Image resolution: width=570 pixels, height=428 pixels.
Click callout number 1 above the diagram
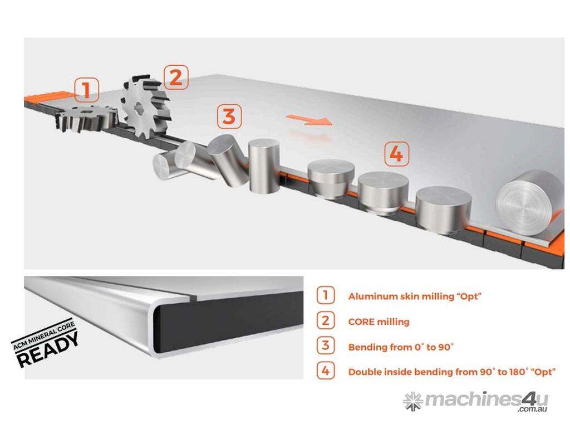(86, 90)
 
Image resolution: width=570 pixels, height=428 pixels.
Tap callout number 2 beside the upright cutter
(176, 77)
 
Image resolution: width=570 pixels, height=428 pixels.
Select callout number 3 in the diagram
(229, 116)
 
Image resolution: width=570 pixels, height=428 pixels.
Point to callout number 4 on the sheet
(396, 154)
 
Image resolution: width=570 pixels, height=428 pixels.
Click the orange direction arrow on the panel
(309, 120)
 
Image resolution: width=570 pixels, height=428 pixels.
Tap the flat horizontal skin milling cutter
(86, 117)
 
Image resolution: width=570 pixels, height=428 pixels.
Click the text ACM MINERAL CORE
(43, 335)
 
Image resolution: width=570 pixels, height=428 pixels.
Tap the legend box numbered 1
(325, 295)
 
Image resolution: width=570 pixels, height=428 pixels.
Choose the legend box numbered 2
(325, 320)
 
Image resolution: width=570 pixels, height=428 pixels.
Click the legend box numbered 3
(325, 346)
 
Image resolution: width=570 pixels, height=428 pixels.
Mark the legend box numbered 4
(325, 371)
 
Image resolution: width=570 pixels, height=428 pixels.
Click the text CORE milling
(379, 322)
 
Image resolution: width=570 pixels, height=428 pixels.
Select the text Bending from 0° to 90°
(401, 347)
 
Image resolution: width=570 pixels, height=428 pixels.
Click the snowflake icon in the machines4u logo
(413, 401)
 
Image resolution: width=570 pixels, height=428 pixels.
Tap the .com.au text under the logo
(533, 409)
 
